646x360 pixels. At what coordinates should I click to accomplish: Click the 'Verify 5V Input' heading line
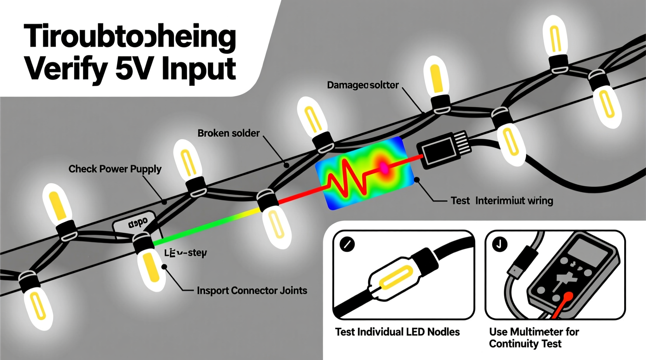(x=130, y=69)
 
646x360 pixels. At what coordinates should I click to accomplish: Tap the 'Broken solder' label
(x=228, y=133)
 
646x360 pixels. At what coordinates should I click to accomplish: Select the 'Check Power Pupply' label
(x=115, y=169)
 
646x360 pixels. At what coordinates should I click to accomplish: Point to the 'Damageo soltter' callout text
(x=363, y=85)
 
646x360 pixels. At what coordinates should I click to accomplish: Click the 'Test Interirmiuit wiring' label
(x=502, y=201)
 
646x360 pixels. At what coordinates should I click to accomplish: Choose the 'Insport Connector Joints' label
(x=252, y=291)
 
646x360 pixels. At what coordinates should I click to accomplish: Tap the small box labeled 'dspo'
(x=137, y=223)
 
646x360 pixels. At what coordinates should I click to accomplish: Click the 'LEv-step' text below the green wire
(x=186, y=253)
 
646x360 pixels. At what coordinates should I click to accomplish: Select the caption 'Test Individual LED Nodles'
(x=397, y=332)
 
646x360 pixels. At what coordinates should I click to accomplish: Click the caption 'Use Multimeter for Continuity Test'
(x=533, y=337)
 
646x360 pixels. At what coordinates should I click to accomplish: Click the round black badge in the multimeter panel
(x=499, y=244)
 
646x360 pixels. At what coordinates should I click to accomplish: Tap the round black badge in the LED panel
(x=347, y=244)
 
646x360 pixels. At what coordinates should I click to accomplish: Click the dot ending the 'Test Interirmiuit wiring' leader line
(x=417, y=180)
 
